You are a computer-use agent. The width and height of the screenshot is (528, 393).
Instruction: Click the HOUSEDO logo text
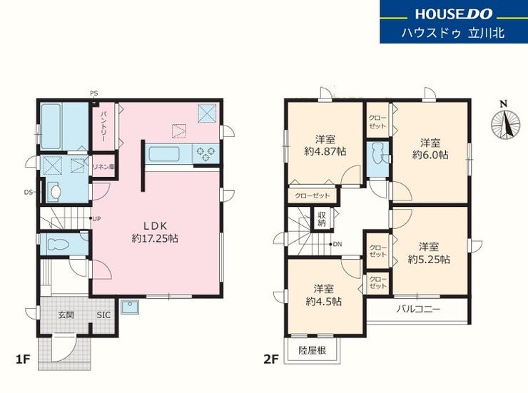pyautogui.click(x=454, y=14)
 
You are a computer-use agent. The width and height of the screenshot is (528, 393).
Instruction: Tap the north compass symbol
pyautogui.click(x=503, y=123)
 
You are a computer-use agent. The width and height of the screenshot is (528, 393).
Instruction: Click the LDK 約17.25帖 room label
pyautogui.click(x=155, y=233)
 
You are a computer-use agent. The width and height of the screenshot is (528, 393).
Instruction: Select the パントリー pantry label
pyautogui.click(x=103, y=126)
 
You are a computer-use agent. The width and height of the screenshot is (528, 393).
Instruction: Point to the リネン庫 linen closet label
pyautogui.click(x=103, y=166)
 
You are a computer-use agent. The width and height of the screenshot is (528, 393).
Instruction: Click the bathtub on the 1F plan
pyautogui.click(x=51, y=126)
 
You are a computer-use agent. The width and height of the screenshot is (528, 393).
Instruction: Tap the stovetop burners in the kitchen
pyautogui.click(x=205, y=153)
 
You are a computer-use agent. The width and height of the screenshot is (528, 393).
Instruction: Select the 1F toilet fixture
pyautogui.click(x=58, y=244)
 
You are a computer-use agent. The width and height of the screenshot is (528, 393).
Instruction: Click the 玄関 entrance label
pyautogui.click(x=66, y=315)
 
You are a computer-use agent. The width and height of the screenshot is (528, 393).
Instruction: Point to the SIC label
pyautogui.click(x=103, y=315)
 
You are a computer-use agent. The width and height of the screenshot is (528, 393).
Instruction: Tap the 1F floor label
pyautogui.click(x=23, y=359)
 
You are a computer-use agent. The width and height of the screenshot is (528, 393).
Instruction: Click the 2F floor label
pyautogui.click(x=271, y=359)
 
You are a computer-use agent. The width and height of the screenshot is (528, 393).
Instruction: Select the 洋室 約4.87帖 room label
pyautogui.click(x=325, y=146)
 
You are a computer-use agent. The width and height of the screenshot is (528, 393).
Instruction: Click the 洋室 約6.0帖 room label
pyautogui.click(x=430, y=149)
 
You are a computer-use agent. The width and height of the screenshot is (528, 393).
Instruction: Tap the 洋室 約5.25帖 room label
pyautogui.click(x=429, y=253)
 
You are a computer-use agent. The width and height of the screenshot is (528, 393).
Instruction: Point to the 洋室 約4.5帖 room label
pyautogui.click(x=324, y=295)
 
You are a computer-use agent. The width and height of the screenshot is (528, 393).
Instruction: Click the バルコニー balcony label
pyautogui.click(x=418, y=309)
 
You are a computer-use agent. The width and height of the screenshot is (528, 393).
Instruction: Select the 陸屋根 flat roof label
pyautogui.click(x=312, y=350)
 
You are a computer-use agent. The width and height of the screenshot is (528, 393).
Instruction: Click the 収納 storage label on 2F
pyautogui.click(x=322, y=219)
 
